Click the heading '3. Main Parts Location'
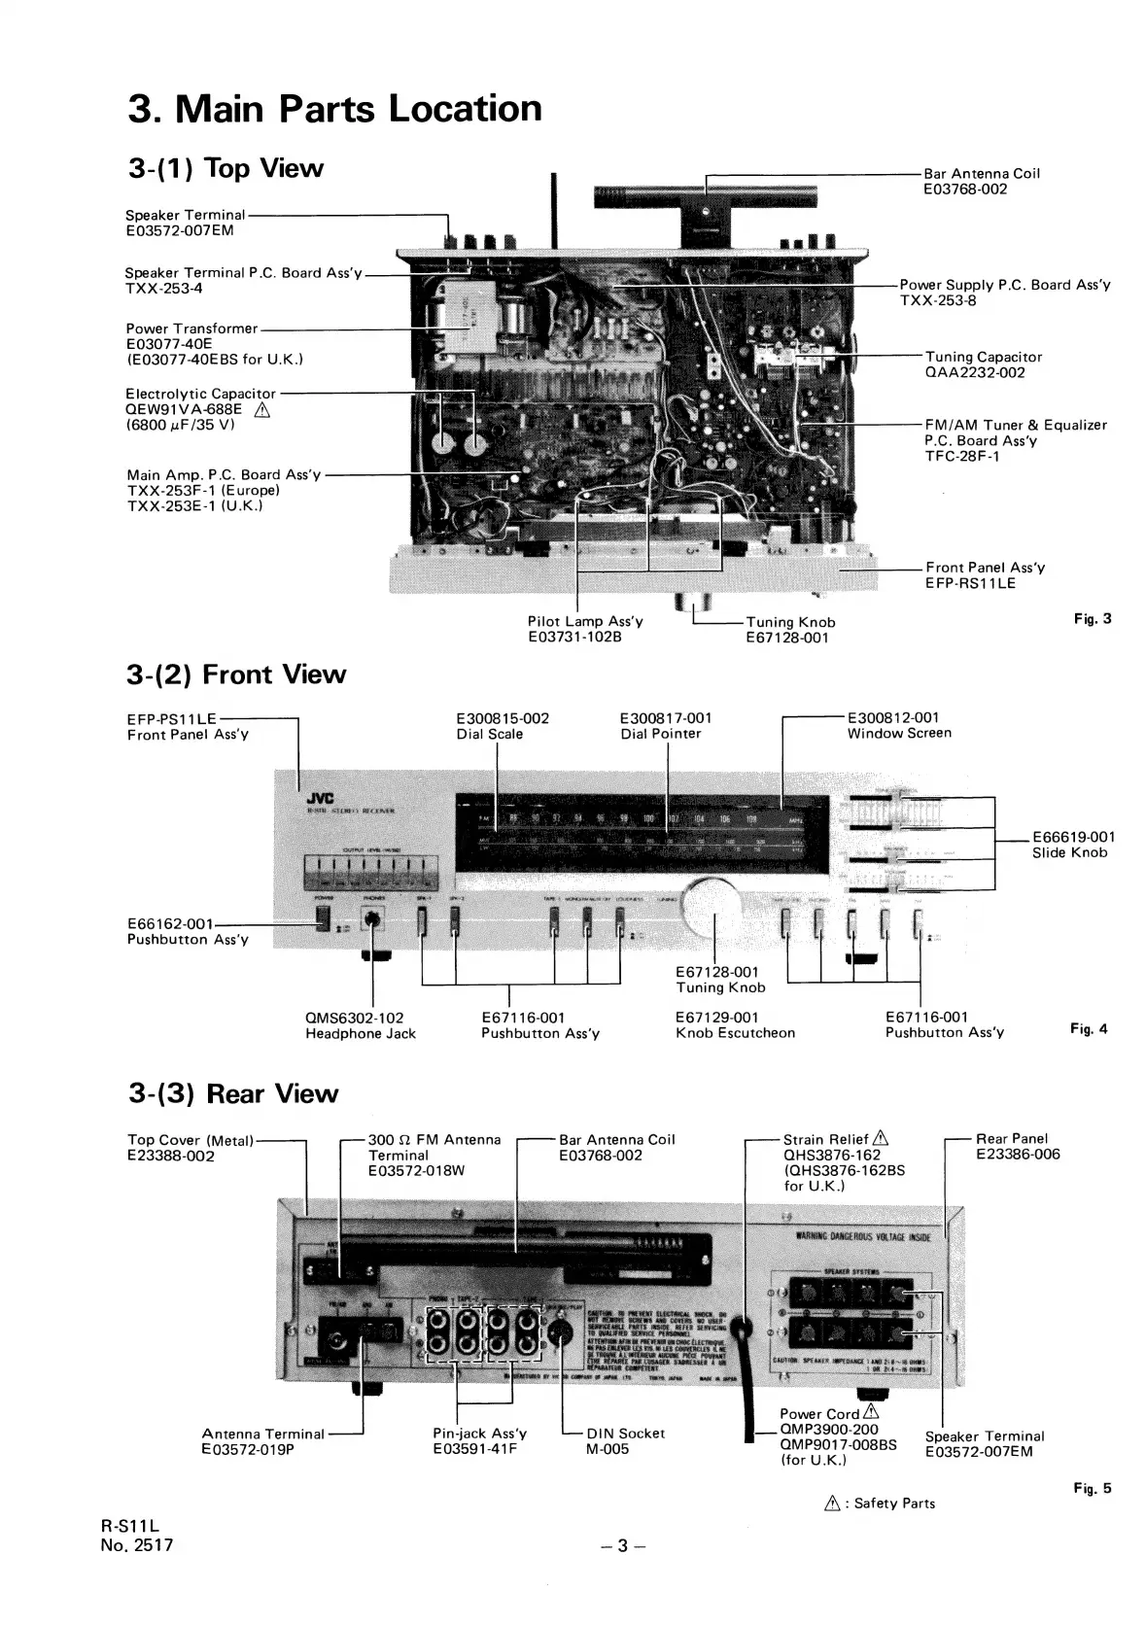click(x=334, y=108)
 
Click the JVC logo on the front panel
click(x=320, y=798)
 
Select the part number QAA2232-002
click(x=974, y=372)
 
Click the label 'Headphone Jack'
click(x=360, y=1034)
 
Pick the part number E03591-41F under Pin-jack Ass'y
click(x=474, y=1449)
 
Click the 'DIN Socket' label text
click(x=626, y=1434)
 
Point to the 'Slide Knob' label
click(x=1069, y=852)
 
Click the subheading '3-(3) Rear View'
click(x=233, y=1093)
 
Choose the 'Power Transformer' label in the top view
click(x=191, y=328)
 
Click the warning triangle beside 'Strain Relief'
click(x=880, y=1139)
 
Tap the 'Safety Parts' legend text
click(x=893, y=1503)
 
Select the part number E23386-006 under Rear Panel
click(x=1018, y=1155)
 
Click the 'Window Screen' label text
click(x=899, y=733)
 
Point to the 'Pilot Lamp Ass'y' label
click(x=585, y=621)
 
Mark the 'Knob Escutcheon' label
click(x=735, y=1033)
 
